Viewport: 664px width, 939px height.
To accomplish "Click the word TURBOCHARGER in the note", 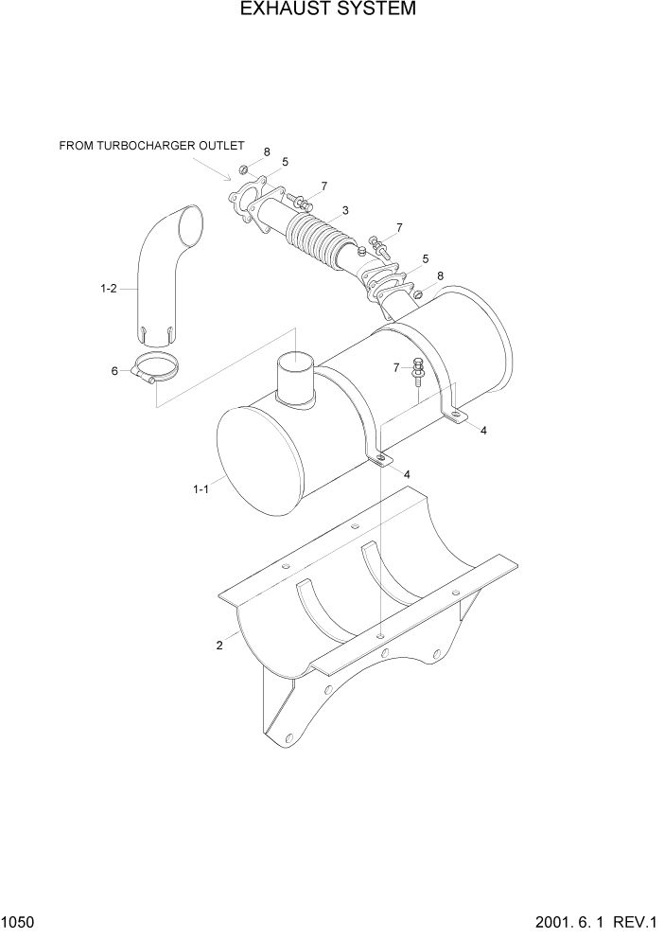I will coord(152,146).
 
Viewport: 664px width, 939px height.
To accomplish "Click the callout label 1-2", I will coord(108,289).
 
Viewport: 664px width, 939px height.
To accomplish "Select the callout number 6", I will coord(114,371).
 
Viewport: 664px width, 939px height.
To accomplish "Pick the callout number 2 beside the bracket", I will coord(219,646).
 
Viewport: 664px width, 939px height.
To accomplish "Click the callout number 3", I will coord(345,210).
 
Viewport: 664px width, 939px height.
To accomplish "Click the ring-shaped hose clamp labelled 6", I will coord(153,367).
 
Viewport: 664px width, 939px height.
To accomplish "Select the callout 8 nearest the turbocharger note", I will coord(267,151).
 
